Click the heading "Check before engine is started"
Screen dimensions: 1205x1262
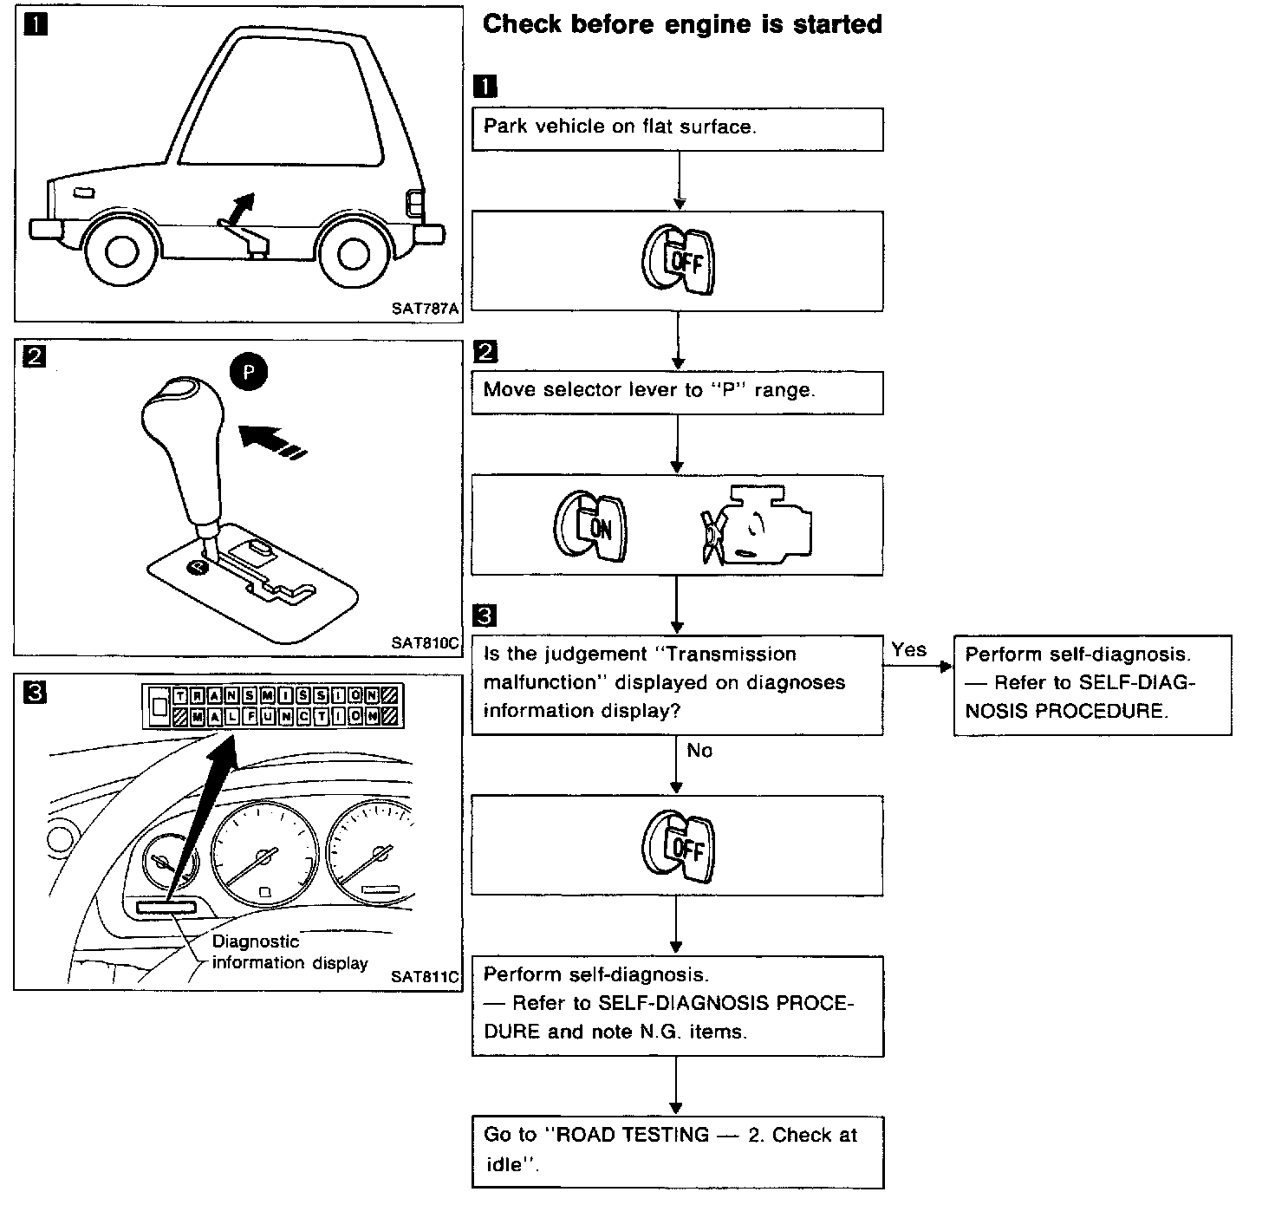click(x=681, y=23)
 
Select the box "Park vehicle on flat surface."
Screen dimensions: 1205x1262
click(x=677, y=128)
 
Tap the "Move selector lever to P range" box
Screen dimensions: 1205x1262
click(x=677, y=392)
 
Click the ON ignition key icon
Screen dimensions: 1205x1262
click(x=590, y=524)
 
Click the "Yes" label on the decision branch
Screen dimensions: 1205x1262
click(x=908, y=649)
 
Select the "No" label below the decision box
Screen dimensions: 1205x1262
click(x=699, y=751)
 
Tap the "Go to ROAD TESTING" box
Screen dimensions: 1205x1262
click(x=677, y=1150)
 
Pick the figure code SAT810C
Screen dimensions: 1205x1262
click(x=424, y=643)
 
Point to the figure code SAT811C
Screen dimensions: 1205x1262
click(x=424, y=976)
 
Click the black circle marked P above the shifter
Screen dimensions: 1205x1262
click(x=249, y=372)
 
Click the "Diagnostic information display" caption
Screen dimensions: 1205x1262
click(x=289, y=953)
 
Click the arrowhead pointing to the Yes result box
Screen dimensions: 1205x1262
click(x=946, y=668)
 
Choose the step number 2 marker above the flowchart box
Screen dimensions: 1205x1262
click(x=485, y=351)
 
